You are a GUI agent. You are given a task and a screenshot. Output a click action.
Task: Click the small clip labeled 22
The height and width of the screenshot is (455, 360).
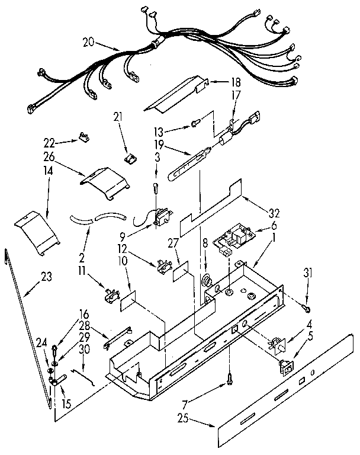pos(84,139)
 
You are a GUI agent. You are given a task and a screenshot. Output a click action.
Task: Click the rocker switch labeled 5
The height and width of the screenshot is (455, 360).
pos(285,367)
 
